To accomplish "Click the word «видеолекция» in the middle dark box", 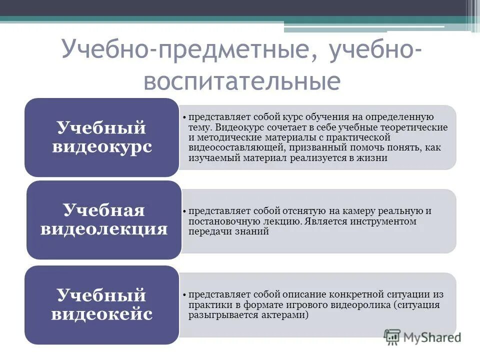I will coord(104,229).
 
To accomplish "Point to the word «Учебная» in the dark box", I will coord(104,210).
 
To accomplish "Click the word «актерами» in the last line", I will coord(289,315).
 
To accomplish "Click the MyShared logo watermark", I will coord(422,336).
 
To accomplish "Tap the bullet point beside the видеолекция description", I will coord(184,211).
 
